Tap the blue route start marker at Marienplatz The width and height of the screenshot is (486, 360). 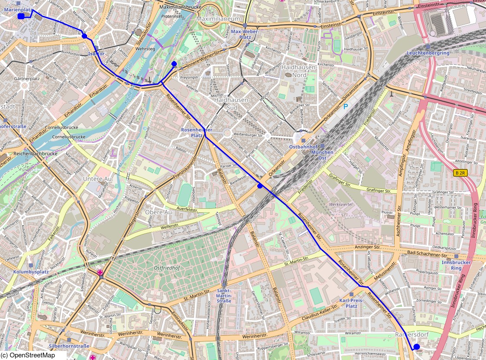[x=21, y=16]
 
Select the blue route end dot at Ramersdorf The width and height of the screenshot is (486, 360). [x=416, y=347]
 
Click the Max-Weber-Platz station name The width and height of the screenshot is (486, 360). [x=245, y=34]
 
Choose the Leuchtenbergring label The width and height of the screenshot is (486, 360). [x=428, y=53]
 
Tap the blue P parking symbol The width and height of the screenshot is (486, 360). [x=345, y=107]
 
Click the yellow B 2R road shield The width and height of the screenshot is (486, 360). [x=460, y=173]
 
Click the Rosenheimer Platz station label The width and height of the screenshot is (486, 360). [x=197, y=133]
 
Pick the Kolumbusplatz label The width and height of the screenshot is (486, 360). [x=30, y=272]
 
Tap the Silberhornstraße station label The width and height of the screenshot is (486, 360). [x=69, y=346]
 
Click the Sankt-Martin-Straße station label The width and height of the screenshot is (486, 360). [x=224, y=295]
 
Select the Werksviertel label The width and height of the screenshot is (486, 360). [x=341, y=204]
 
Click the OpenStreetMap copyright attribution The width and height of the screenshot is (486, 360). [x=28, y=356]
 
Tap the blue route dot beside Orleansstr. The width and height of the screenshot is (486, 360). [x=260, y=186]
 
